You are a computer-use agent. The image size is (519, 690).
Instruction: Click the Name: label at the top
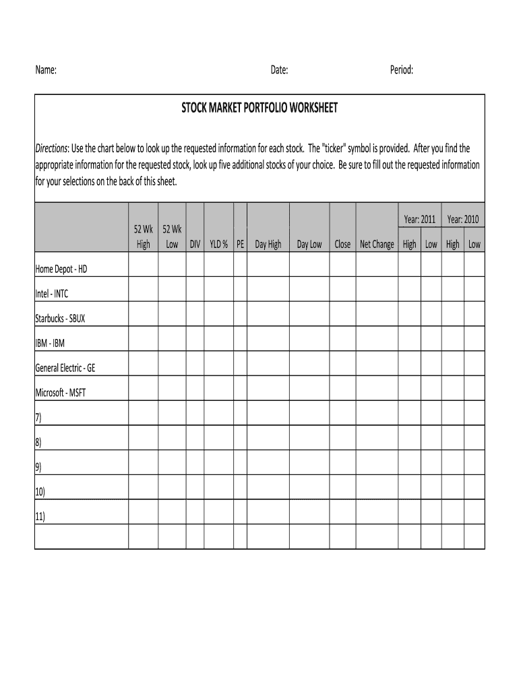[x=46, y=70]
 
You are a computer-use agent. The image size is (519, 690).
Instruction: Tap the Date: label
[x=280, y=70]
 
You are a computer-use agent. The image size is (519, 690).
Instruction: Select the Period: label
[x=402, y=70]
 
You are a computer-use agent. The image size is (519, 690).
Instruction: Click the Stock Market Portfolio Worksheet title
[x=259, y=108]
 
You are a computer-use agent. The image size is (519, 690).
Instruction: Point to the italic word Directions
[x=51, y=148]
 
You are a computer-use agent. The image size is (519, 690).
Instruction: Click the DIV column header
[x=195, y=245]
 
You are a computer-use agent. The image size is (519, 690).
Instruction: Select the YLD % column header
[x=218, y=245]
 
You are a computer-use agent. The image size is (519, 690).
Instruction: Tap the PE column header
[x=241, y=245]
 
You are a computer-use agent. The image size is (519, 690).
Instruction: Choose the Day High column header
[x=268, y=245]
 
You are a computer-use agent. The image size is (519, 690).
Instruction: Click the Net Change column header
[x=377, y=245]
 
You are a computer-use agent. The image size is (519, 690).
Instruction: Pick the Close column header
[x=342, y=245]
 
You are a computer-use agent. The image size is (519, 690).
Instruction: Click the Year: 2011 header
[x=419, y=220]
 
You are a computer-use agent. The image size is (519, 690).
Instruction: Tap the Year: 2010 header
[x=463, y=220]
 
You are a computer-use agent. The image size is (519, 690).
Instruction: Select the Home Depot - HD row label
[x=61, y=269]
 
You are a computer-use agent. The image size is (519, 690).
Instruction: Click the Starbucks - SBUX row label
[x=60, y=319]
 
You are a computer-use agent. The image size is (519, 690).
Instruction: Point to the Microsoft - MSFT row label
[x=60, y=393]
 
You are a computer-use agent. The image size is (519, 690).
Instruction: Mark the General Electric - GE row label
[x=69, y=368]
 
